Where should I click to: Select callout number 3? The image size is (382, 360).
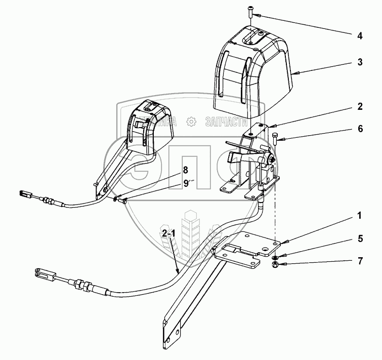tap(360, 63)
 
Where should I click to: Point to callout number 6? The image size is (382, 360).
tap(360, 129)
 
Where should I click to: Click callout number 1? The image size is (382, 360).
tap(360, 216)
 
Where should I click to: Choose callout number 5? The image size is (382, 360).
tap(360, 238)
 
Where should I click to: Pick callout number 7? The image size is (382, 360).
tap(360, 261)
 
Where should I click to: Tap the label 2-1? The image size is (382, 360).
tap(169, 233)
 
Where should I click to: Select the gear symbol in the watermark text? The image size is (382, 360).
tap(191, 122)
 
